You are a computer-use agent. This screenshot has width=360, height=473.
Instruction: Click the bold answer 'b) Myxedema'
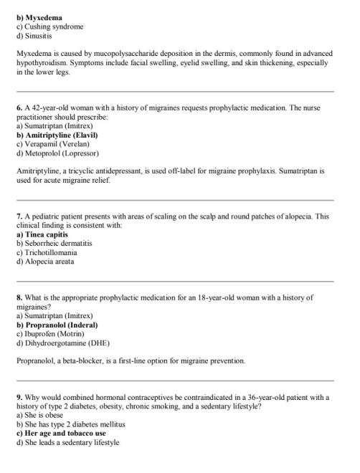point(39,17)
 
